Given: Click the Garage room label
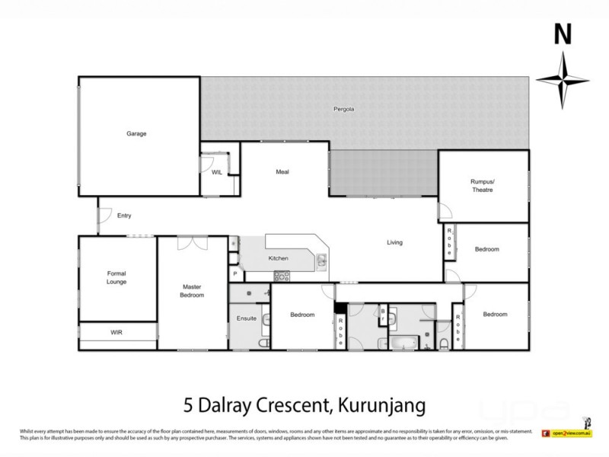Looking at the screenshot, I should tap(136, 133).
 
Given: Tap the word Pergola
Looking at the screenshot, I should tap(344, 109).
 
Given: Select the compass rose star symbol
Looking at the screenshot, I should tap(563, 81).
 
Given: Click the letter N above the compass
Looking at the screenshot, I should tap(562, 34).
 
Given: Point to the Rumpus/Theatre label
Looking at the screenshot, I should tap(482, 185).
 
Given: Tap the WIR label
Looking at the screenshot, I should tap(116, 333).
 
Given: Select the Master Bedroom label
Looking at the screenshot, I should tap(192, 291).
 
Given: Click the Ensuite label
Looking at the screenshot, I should tap(247, 318).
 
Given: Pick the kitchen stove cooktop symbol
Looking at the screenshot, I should tap(282, 276).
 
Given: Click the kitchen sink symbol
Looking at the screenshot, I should tap(322, 261).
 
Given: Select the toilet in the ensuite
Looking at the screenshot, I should tap(263, 344).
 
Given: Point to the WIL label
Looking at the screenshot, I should tap(216, 172).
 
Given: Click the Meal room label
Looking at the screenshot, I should tap(282, 172).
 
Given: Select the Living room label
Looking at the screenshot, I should tap(394, 242).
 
